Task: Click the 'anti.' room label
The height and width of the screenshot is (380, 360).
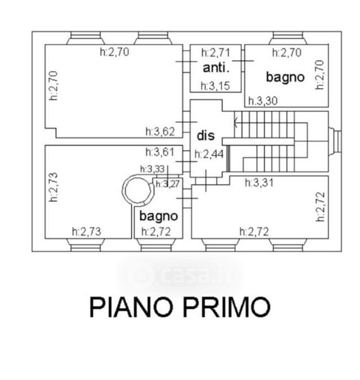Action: tap(216, 68)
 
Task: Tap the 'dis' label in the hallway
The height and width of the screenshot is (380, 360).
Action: tap(206, 136)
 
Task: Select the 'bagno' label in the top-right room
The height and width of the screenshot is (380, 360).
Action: tap(285, 77)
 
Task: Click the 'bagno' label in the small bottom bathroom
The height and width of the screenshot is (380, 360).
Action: tap(159, 216)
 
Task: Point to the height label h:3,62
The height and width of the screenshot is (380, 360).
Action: tap(160, 132)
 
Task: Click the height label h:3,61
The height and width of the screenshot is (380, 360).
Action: tap(160, 152)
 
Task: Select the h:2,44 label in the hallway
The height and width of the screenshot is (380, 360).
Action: tap(209, 154)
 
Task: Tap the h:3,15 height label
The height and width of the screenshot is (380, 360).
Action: tap(215, 85)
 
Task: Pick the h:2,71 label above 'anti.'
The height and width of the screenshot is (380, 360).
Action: tap(216, 53)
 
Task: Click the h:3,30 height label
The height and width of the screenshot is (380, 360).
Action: tap(263, 101)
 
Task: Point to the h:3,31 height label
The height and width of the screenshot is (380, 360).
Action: tap(259, 182)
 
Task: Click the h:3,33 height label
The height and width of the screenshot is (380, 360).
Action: tap(152, 169)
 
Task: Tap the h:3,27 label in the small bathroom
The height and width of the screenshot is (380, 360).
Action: tap(168, 184)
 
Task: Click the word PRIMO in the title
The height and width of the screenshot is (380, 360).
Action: tap(227, 307)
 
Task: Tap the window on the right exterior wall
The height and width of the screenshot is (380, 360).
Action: tap(335, 141)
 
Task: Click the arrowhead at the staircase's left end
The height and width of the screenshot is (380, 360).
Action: tap(236, 122)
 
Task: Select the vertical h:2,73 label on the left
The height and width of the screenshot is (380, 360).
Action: tap(53, 187)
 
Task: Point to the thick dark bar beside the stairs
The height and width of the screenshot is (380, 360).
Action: tap(228, 159)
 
